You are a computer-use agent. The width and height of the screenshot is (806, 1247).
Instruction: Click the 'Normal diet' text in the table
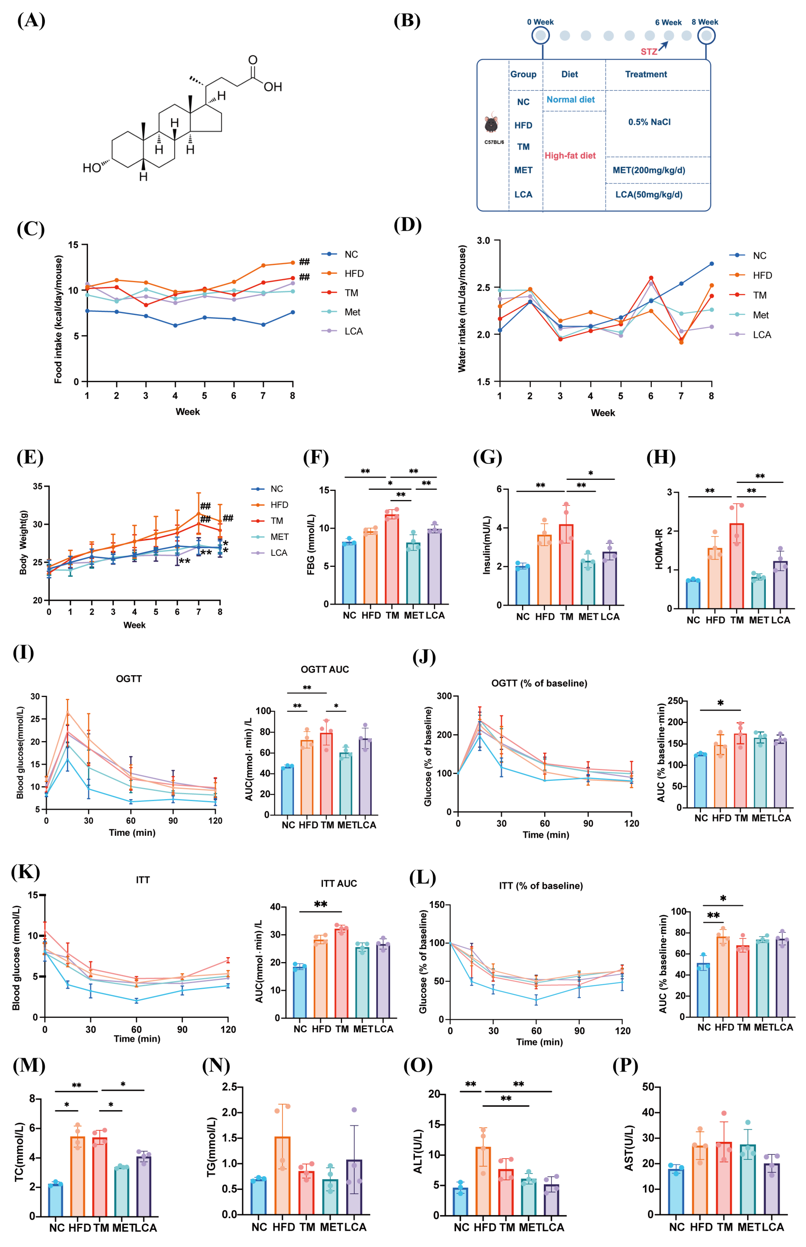pyautogui.click(x=571, y=99)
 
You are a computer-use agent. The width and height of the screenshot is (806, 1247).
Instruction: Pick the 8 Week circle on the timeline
pyautogui.click(x=706, y=36)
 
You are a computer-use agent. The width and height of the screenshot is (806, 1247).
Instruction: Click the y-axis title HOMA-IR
pyautogui.click(x=659, y=549)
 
